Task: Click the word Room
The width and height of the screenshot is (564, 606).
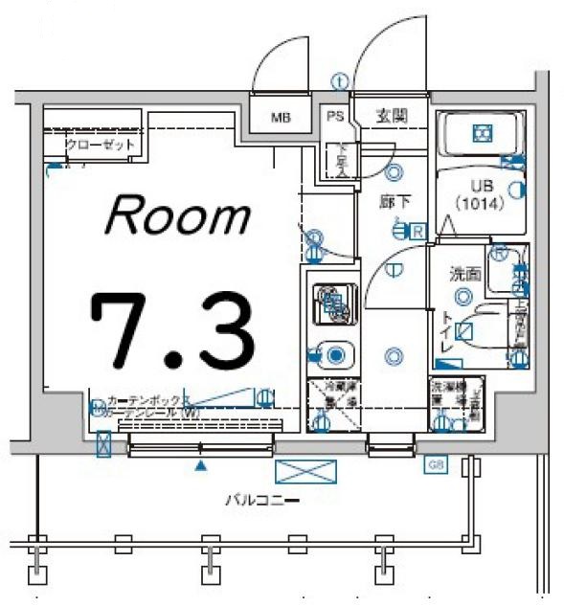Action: (x=177, y=215)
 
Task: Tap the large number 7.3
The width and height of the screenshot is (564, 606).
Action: (x=172, y=327)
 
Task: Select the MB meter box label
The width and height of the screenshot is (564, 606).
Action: (x=280, y=119)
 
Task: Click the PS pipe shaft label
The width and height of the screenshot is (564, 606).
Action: (x=334, y=117)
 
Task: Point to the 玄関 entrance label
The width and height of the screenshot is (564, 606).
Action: (x=391, y=116)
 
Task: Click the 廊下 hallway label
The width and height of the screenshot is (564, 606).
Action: (x=374, y=202)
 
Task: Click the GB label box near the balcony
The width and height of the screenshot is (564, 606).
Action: (x=436, y=465)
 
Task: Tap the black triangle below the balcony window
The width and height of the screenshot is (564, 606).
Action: (x=200, y=466)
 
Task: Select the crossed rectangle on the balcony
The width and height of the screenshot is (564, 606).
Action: (x=305, y=471)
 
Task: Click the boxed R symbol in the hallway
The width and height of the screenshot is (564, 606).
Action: (x=419, y=230)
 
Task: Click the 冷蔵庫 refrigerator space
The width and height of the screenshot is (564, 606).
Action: (x=330, y=406)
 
